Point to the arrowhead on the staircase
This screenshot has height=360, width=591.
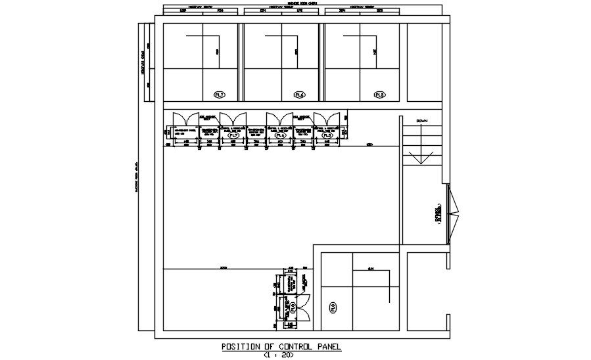(415, 159)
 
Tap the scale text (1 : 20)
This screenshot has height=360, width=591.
(281, 355)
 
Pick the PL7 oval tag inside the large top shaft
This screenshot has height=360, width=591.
(220, 95)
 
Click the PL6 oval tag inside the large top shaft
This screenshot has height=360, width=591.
(300, 95)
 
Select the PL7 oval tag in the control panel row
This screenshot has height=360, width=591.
(232, 135)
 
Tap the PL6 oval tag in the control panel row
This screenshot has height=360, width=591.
(278, 135)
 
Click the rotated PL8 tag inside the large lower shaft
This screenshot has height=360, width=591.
(333, 307)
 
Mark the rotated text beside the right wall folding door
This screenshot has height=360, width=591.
(437, 214)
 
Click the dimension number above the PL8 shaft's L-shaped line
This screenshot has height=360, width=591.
(371, 268)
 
